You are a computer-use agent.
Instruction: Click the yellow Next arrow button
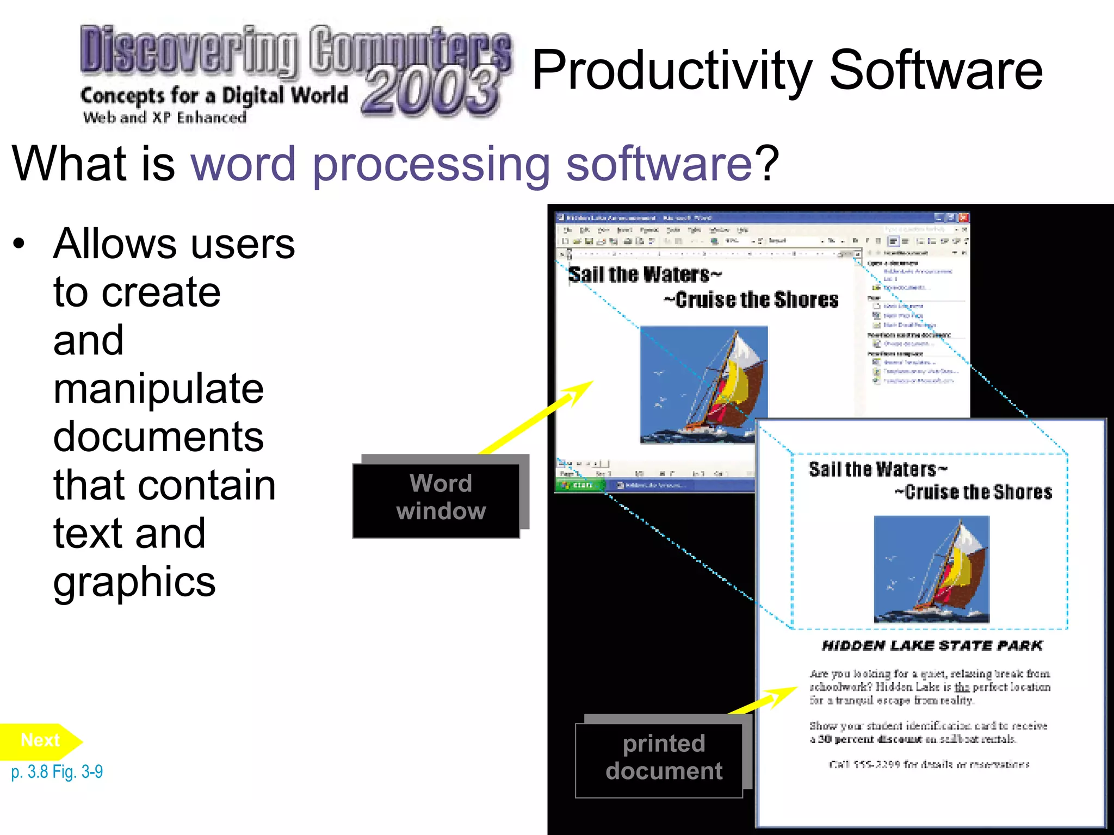click(39, 740)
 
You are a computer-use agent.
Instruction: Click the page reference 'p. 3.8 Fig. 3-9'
click(57, 772)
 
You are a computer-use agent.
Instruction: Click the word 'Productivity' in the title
click(672, 71)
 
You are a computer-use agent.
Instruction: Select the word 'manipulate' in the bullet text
click(158, 389)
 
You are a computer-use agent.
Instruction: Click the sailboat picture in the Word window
click(703, 384)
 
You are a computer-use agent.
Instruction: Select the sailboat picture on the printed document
click(931, 569)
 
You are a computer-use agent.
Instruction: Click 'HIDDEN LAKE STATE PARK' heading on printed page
click(932, 646)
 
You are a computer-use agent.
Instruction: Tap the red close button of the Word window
click(963, 217)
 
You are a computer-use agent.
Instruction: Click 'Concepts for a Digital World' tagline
click(214, 96)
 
